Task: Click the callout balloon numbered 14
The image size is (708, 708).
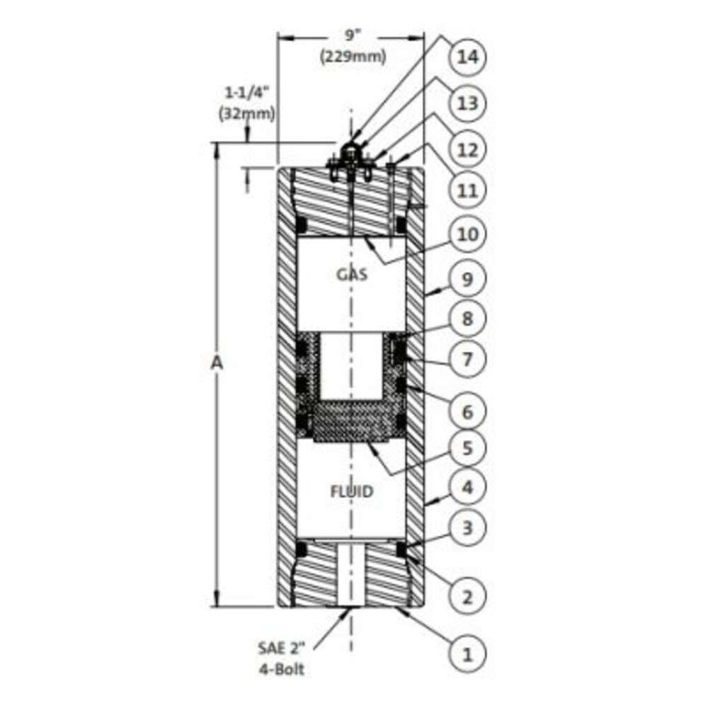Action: click(467, 57)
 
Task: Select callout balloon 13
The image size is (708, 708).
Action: click(467, 103)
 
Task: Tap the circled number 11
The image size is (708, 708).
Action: click(467, 190)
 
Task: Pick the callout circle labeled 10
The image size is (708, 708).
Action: click(467, 235)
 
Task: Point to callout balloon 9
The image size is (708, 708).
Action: click(467, 279)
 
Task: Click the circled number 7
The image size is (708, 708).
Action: click(467, 360)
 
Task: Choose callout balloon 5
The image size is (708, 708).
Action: click(467, 448)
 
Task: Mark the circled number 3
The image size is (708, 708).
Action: click(467, 527)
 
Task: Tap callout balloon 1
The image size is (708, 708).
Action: click(467, 654)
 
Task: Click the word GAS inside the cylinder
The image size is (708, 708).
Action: click(352, 274)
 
